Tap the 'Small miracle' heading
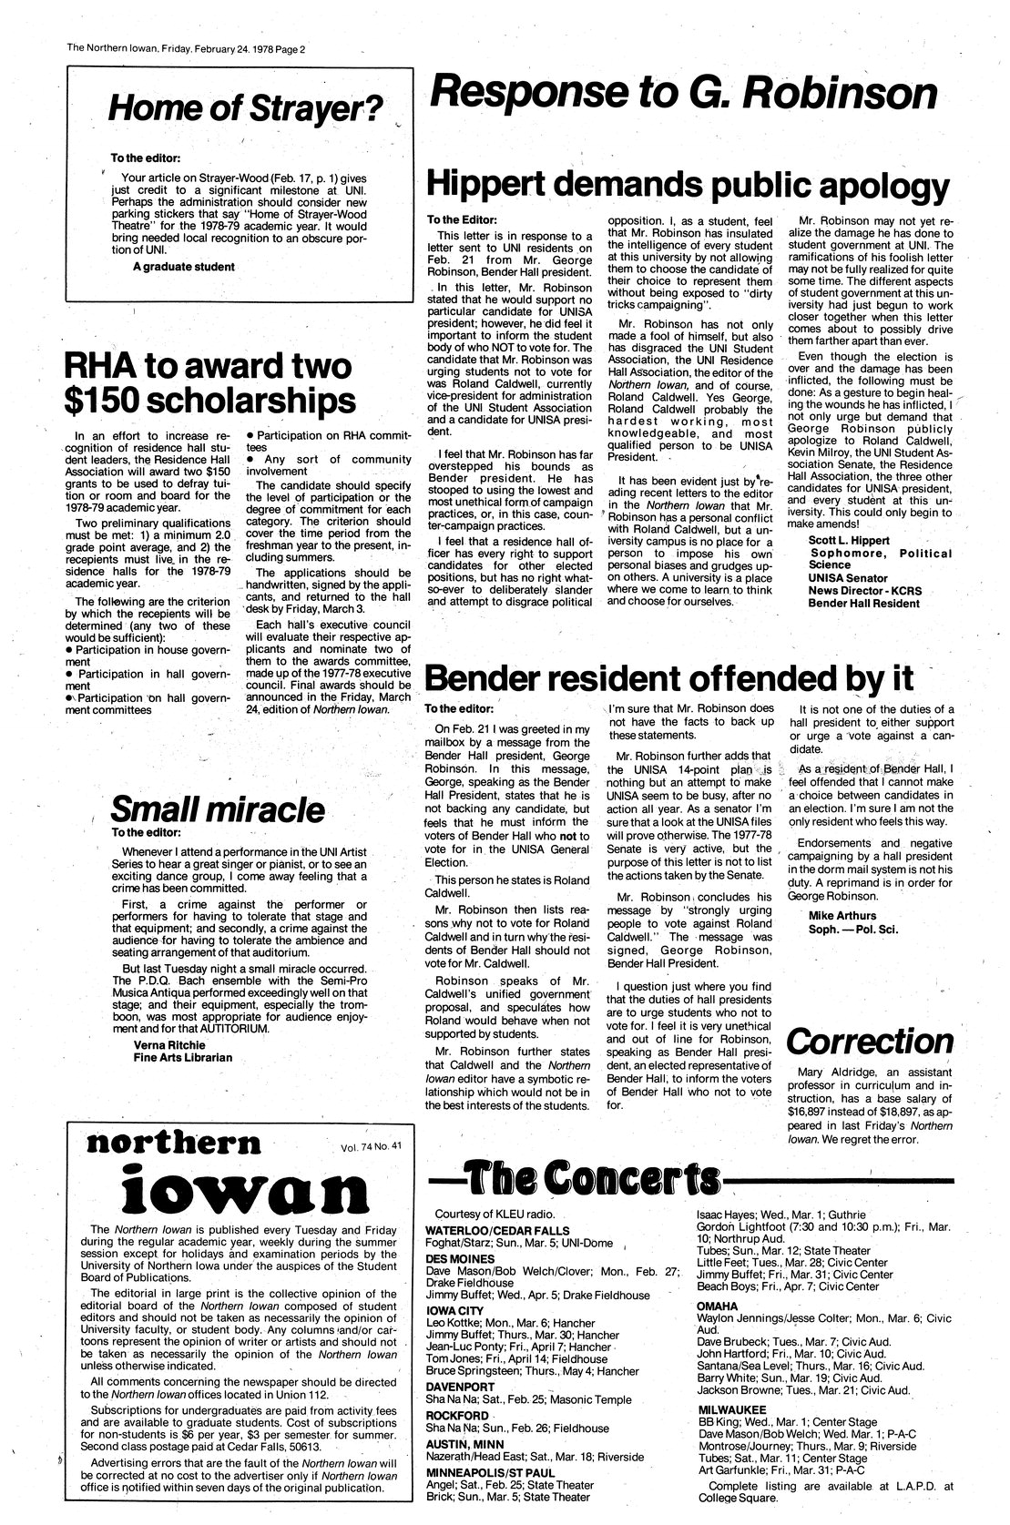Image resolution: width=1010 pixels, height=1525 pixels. click(x=217, y=808)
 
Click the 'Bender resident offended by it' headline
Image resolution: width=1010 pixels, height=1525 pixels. click(x=668, y=678)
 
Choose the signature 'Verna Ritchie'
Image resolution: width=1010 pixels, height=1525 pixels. click(x=169, y=1043)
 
